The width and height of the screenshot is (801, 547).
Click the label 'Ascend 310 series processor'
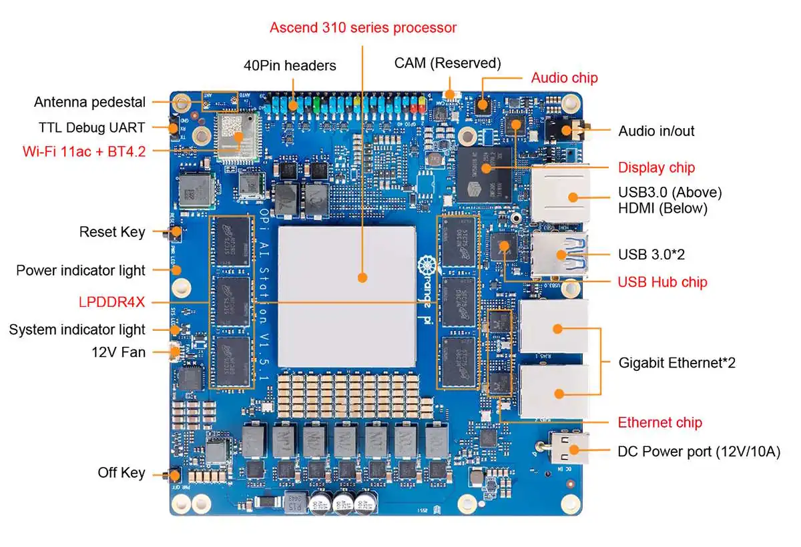[363, 27]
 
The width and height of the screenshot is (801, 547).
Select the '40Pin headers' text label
[290, 65]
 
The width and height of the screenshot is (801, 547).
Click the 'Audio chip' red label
[564, 78]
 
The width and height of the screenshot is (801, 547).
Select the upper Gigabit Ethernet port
[554, 327]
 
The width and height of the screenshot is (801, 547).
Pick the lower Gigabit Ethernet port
[554, 392]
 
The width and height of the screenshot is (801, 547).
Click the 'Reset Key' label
[112, 232]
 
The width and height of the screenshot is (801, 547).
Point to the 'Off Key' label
[121, 473]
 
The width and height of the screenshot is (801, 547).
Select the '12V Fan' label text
[119, 352]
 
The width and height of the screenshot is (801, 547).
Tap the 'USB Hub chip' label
[662, 282]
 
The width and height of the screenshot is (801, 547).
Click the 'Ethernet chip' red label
[659, 422]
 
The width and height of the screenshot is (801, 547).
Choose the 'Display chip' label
[655, 167]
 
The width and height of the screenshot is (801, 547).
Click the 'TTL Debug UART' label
[91, 127]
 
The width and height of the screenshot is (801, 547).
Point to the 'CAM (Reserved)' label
[447, 63]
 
